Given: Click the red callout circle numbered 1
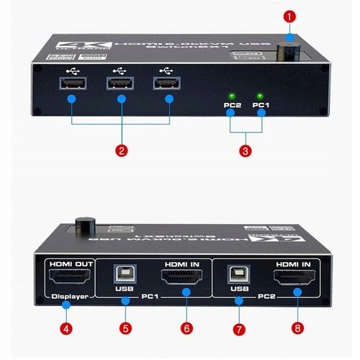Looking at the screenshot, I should [x=289, y=15].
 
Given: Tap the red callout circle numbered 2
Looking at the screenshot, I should [x=122, y=150].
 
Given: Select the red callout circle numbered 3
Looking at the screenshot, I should [x=246, y=150].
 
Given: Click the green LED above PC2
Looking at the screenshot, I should [x=232, y=95].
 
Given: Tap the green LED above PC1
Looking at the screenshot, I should [x=260, y=95].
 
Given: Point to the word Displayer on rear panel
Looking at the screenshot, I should [x=66, y=296].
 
